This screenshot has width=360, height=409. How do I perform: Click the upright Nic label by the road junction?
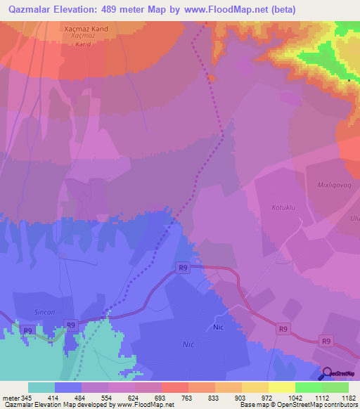219,327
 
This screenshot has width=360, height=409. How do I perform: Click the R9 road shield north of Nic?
184,267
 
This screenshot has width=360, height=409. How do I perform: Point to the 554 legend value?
95,398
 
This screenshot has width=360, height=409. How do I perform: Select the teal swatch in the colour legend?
41,387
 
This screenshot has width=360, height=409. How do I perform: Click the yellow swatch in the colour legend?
282,387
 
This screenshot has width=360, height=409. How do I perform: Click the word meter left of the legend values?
10,398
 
